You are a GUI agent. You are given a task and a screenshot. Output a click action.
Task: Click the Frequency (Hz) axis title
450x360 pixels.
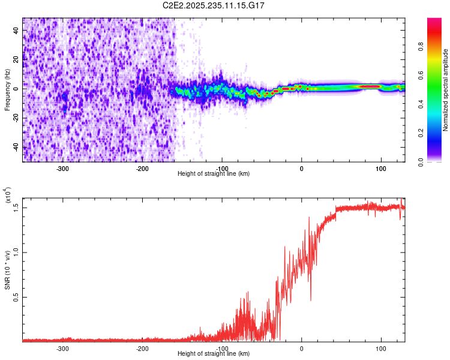pyautogui.click(x=7, y=90)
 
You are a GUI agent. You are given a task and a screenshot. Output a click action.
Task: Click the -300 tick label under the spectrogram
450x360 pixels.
pyautogui.click(x=63, y=168)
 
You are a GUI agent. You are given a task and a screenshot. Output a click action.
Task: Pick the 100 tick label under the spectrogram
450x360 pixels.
pyautogui.click(x=380, y=168)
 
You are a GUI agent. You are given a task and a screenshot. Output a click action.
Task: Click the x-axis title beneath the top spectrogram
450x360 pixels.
pyautogui.click(x=214, y=174)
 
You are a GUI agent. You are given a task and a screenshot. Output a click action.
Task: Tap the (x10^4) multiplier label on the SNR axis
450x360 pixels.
pyautogui.click(x=8, y=197)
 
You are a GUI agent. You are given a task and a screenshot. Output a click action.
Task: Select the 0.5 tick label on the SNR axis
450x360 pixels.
pyautogui.click(x=16, y=296)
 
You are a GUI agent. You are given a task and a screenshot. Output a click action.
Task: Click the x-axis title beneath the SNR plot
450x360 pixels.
pyautogui.click(x=214, y=354)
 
